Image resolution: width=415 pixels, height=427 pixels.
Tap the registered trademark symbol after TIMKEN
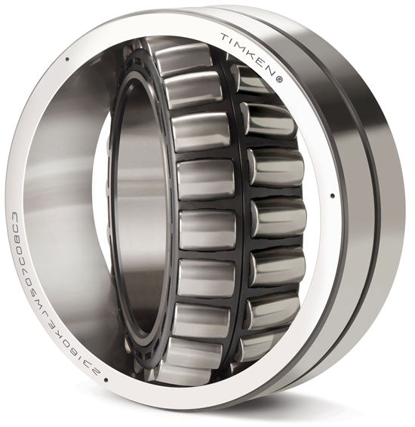tap(280, 77)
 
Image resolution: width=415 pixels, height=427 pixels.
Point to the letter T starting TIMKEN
tap(225, 37)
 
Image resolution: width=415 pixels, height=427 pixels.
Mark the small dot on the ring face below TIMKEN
tap(333, 198)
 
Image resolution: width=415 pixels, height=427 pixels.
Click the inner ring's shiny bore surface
tap(143, 211)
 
